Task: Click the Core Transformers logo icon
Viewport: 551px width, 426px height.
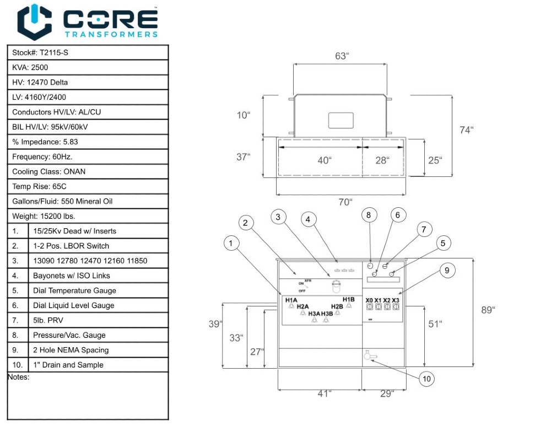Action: [x=34, y=22]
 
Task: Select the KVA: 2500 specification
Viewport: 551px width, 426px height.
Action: [x=30, y=68]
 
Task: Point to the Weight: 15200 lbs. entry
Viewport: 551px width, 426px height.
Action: [x=44, y=216]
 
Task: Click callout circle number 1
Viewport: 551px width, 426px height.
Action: [x=232, y=242]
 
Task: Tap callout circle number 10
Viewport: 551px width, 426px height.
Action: [x=426, y=379]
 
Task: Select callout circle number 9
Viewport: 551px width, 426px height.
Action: [x=447, y=270]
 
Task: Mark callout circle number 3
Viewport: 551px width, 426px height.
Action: [x=278, y=217]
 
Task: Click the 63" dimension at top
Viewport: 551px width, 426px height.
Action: [x=342, y=56]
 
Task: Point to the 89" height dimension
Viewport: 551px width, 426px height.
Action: [x=488, y=310]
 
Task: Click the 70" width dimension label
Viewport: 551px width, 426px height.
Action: [x=345, y=202]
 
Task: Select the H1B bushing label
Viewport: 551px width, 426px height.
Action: [x=348, y=300]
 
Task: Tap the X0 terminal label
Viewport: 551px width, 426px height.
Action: [x=369, y=300]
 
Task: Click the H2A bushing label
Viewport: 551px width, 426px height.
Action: [x=302, y=306]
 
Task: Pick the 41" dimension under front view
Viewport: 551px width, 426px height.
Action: [x=325, y=393]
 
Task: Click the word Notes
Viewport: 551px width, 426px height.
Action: [x=18, y=378]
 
